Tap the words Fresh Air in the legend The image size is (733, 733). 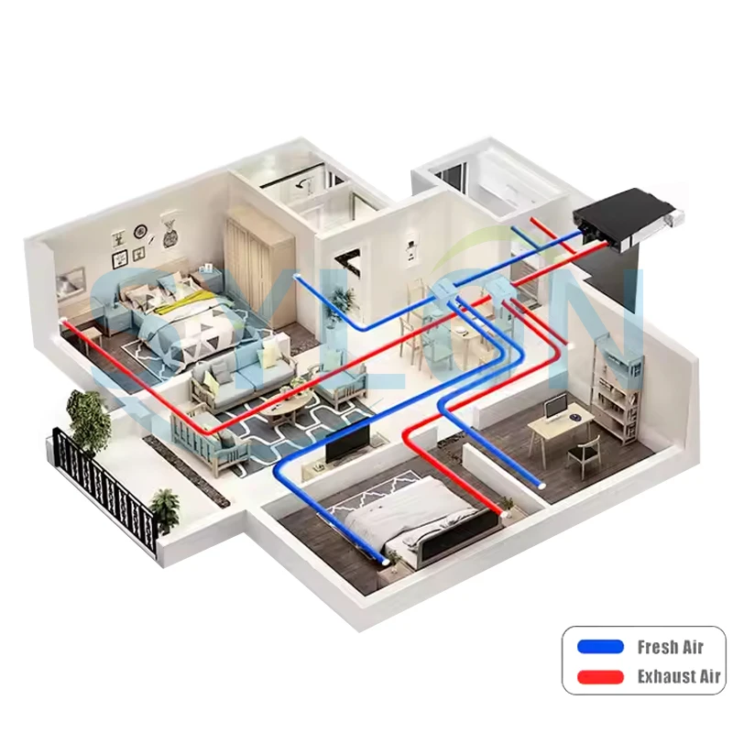670,647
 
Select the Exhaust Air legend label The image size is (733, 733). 679,677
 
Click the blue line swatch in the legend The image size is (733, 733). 600,647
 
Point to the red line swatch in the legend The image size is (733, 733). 600,677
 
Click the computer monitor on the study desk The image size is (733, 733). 555,408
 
